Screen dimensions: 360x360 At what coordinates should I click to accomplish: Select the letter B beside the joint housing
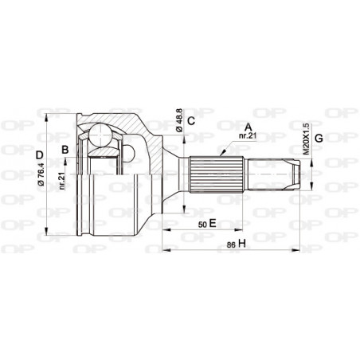coord(66,149)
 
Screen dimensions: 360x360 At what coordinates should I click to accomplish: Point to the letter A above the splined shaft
coord(248,126)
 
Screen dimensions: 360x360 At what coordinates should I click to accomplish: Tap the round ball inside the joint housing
coord(100,139)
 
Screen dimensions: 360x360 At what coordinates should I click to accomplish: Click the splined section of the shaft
coord(215,173)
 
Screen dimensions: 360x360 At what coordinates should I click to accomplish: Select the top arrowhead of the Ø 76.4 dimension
coord(49,112)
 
